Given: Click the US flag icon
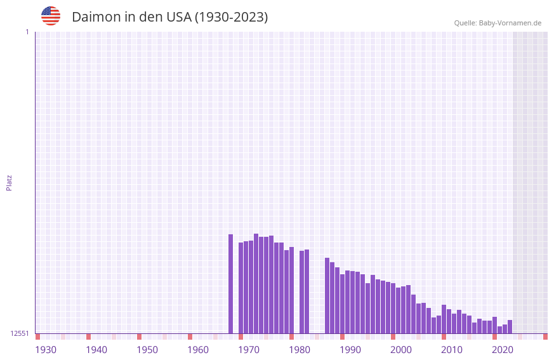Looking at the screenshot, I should tap(51, 16).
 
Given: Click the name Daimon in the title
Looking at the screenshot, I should tap(95, 17).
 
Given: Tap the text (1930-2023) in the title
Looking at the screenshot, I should tap(231, 17).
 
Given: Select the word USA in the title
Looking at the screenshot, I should tap(179, 17).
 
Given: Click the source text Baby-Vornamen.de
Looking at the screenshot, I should tap(510, 23).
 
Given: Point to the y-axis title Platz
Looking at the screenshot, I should tap(9, 182).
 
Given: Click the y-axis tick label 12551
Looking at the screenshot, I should tap(20, 333).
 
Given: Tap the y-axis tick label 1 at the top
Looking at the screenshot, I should tap(27, 32).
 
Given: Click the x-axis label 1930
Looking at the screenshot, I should tap(46, 349).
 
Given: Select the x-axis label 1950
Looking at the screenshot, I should tap(147, 349).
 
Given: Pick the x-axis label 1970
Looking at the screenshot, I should tap(249, 349).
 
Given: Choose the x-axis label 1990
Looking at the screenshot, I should tap(350, 349).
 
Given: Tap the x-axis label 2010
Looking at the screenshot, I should tap(452, 349).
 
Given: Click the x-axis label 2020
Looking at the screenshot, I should tap(503, 349).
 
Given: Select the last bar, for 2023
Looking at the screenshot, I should tap(510, 327).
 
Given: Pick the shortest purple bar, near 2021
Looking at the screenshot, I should tap(499, 330).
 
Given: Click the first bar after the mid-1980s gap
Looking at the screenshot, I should tap(327, 295).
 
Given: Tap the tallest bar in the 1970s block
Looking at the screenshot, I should tap(256, 283).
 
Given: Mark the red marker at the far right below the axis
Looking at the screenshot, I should tap(545, 337).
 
